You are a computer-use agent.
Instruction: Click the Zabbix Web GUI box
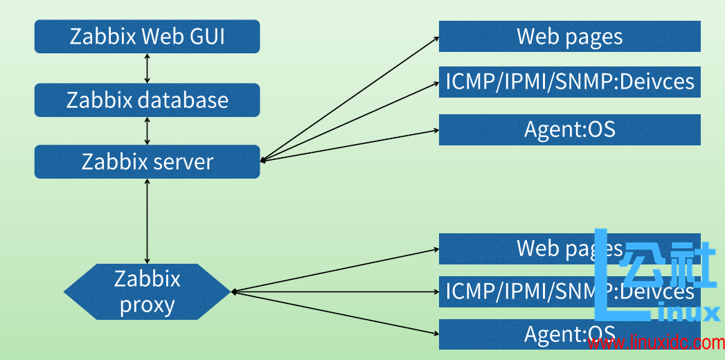(x=147, y=36)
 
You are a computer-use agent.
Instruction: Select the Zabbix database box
(x=147, y=100)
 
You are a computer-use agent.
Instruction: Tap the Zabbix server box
(x=147, y=161)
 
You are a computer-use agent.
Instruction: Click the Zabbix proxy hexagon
(x=147, y=291)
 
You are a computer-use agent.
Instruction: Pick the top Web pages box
(x=569, y=36)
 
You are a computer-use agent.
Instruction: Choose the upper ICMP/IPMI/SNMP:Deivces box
(x=569, y=82)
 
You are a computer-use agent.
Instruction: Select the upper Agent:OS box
(x=569, y=129)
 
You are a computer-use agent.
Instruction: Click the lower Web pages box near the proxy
(x=526, y=249)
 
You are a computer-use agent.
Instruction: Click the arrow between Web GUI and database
(x=147, y=69)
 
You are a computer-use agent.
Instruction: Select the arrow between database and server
(x=147, y=131)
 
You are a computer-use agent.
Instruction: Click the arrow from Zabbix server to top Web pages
(x=350, y=100)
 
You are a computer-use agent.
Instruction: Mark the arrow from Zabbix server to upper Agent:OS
(x=350, y=145)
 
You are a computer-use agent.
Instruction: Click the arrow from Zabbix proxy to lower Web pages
(x=336, y=270)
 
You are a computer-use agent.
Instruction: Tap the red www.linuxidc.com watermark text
(x=655, y=343)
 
